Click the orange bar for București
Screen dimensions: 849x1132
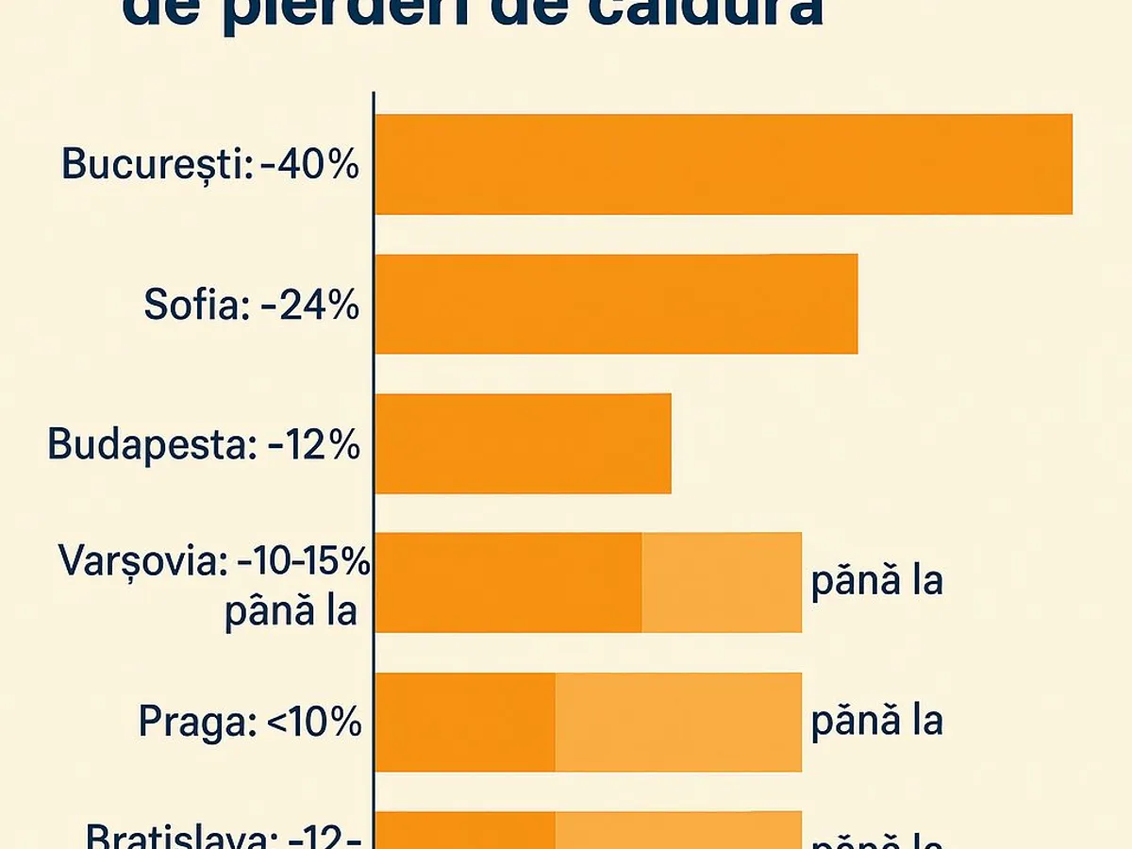pyautogui.click(x=724, y=164)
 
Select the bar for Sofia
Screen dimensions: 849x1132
pyautogui.click(x=616, y=304)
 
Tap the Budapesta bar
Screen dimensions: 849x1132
pyautogui.click(x=523, y=443)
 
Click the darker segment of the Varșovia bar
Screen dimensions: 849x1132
pyautogui.click(x=508, y=582)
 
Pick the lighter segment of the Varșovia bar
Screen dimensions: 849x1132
pyautogui.click(x=722, y=582)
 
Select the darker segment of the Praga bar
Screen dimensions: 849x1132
pyautogui.click(x=465, y=722)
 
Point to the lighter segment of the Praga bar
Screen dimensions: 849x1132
pyautogui.click(x=678, y=722)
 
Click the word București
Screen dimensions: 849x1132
pyautogui.click(x=151, y=165)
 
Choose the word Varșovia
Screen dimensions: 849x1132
pyautogui.click(x=142, y=562)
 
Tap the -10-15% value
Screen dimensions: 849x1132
pyautogui.click(x=303, y=563)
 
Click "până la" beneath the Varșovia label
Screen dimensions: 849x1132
pyautogui.click(x=291, y=611)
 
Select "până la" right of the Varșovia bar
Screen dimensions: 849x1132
pyautogui.click(x=877, y=581)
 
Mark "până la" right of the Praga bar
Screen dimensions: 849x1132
pyautogui.click(x=877, y=721)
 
